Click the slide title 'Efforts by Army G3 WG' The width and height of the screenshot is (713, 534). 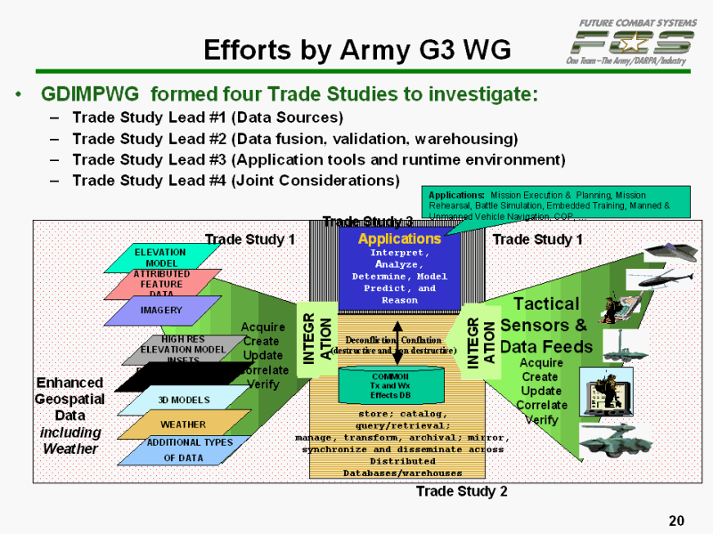click(356, 50)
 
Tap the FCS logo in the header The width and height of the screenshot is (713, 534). click(634, 41)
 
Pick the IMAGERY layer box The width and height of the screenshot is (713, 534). click(160, 311)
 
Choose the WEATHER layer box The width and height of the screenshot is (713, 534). click(183, 425)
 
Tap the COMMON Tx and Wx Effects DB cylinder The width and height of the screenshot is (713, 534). click(389, 384)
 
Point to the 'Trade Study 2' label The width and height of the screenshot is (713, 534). click(462, 491)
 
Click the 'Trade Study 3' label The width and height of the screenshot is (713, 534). click(367, 222)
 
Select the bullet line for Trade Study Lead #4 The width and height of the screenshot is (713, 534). click(235, 180)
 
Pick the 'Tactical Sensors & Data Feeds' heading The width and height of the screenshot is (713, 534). click(545, 325)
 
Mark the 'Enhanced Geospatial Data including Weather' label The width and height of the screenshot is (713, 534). click(70, 415)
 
